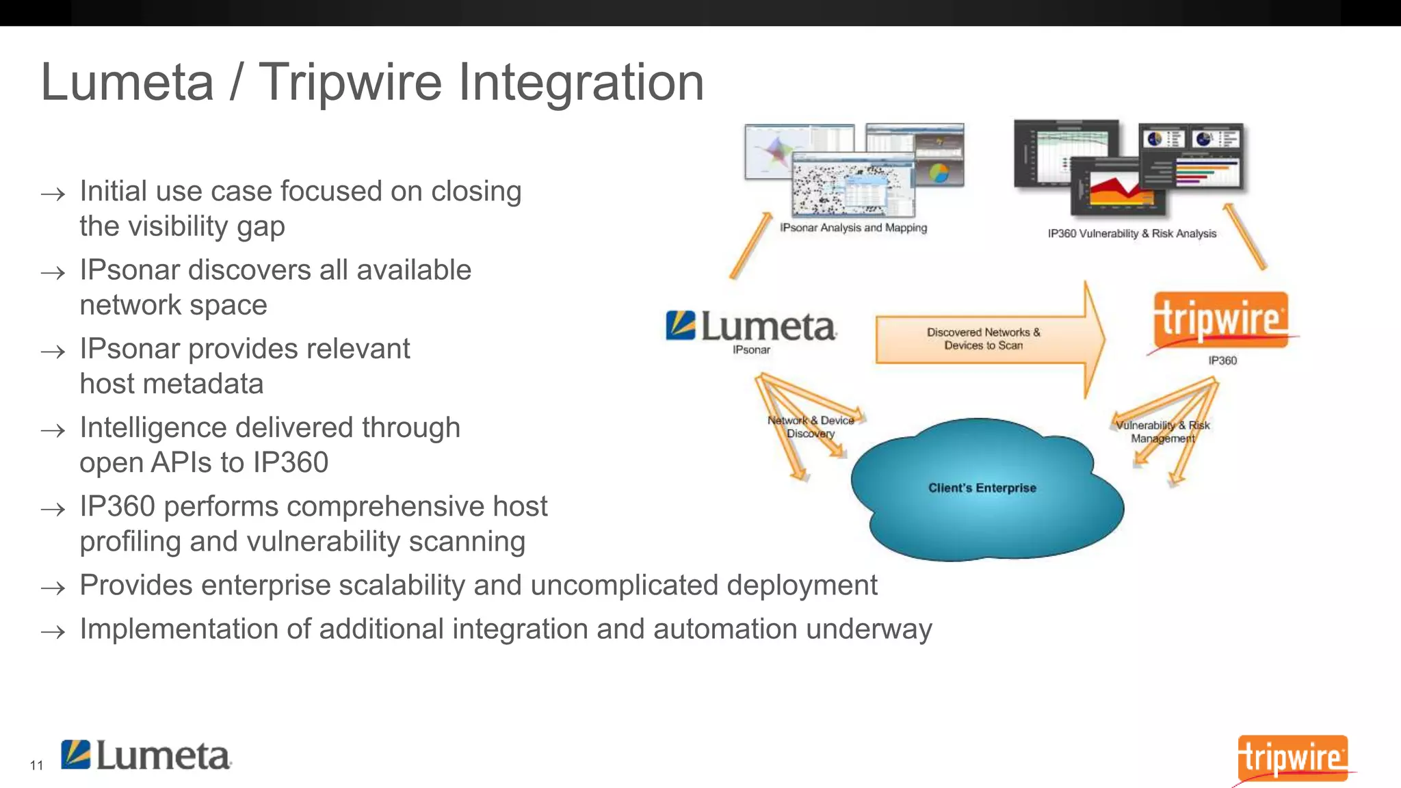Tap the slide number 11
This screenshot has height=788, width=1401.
pos(36,765)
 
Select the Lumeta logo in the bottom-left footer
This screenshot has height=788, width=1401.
pos(146,756)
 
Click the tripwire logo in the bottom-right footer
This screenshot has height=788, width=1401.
pos(1292,758)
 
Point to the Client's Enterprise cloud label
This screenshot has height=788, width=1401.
pos(982,488)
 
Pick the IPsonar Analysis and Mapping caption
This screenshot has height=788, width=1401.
pos(853,228)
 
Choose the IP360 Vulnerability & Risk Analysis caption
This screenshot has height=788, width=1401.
pos(1131,233)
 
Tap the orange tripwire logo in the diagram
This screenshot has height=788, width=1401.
pos(1220,320)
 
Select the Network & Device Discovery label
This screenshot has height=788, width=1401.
pos(811,427)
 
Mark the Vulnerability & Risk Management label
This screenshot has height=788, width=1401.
pos(1162,432)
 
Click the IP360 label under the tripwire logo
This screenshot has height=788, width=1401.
pos(1222,360)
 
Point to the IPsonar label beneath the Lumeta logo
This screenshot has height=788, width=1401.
pos(751,350)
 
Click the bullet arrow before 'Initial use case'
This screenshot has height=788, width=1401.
pos(53,194)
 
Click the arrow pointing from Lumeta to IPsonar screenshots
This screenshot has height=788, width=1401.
pos(750,246)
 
